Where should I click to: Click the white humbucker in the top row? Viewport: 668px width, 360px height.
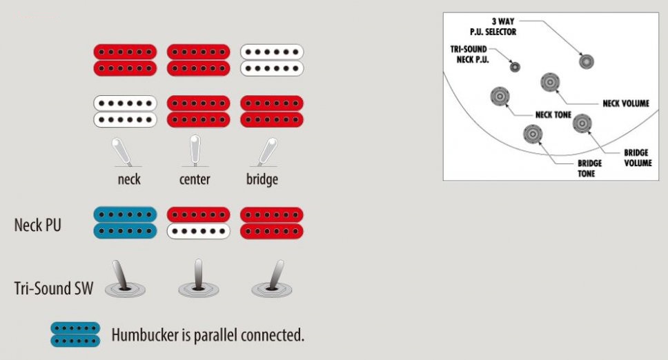tap(272, 60)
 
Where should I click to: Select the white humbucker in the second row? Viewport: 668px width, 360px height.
tap(125, 111)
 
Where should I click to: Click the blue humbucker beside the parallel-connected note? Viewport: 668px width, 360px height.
tap(75, 334)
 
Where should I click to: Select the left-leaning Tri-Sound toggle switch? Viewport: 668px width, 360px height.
tap(124, 279)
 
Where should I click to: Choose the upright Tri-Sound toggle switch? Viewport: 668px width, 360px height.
tap(197, 279)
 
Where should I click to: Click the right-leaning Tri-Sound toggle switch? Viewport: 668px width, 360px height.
tap(271, 279)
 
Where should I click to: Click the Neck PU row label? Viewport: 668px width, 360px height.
tap(37, 225)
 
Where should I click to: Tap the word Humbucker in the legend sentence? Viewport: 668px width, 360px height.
tap(145, 336)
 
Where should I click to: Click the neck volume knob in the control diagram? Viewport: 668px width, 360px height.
tap(550, 83)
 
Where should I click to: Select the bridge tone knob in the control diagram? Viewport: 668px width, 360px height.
tap(532, 134)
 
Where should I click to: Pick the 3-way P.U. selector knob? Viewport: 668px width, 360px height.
tap(587, 61)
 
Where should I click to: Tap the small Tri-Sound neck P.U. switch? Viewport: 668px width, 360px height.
tap(515, 67)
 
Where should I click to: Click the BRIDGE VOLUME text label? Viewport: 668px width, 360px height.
tap(636, 158)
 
